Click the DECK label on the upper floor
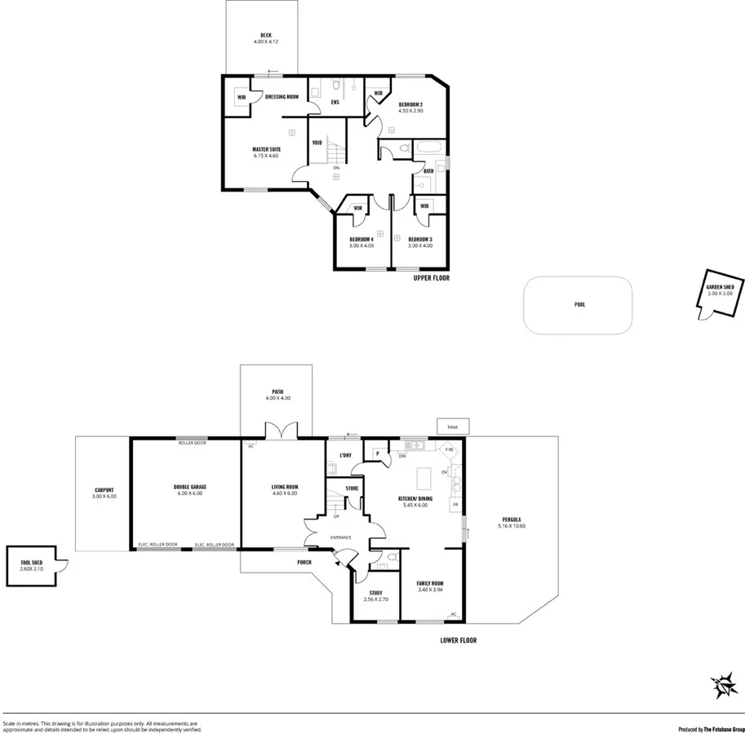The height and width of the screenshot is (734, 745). (266, 35)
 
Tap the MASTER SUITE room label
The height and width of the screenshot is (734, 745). (266, 149)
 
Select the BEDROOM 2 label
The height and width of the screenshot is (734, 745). (410, 105)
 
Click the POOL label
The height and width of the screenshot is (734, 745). (579, 304)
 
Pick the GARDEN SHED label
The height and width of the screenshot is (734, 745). (720, 288)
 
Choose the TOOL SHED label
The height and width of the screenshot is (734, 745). (32, 562)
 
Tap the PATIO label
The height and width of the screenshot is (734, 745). (277, 391)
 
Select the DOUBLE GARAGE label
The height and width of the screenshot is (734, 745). (190, 487)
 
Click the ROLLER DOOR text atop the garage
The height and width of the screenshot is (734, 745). (193, 443)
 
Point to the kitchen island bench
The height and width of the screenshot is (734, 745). (422, 475)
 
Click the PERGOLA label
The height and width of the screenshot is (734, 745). (512, 523)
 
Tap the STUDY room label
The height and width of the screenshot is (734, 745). (375, 593)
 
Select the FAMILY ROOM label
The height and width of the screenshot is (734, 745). (429, 583)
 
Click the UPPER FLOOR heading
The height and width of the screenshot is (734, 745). (432, 278)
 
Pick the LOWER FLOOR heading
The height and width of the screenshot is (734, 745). (458, 640)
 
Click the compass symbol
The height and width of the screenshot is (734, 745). (722, 687)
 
